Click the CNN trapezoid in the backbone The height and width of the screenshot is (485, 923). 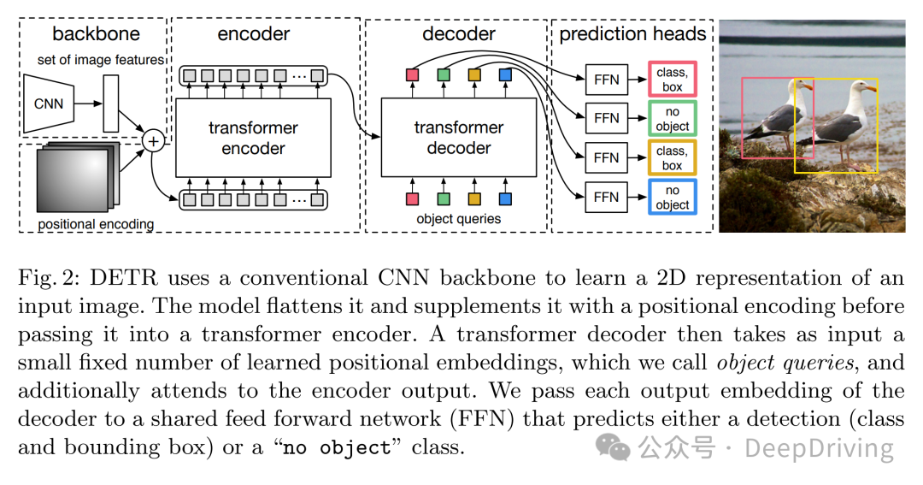(49, 104)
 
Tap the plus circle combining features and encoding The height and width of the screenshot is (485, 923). (154, 139)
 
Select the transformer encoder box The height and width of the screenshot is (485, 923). (253, 138)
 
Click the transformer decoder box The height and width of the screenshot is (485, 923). (458, 138)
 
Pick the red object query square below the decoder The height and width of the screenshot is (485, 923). (412, 198)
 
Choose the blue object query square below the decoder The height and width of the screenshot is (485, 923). (505, 198)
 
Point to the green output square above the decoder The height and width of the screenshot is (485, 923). (443, 76)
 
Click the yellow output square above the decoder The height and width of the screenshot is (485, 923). (474, 76)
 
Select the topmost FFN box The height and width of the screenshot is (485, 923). (606, 79)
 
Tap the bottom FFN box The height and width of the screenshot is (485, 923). (606, 197)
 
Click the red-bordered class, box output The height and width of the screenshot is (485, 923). (672, 80)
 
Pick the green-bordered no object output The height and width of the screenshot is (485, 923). (672, 119)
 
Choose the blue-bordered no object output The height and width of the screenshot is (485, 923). (672, 198)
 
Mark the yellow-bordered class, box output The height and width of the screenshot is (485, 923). (672, 158)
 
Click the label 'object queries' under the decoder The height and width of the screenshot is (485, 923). (458, 219)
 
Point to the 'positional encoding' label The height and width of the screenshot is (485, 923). (96, 224)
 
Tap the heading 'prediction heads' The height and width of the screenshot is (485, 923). (633, 34)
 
